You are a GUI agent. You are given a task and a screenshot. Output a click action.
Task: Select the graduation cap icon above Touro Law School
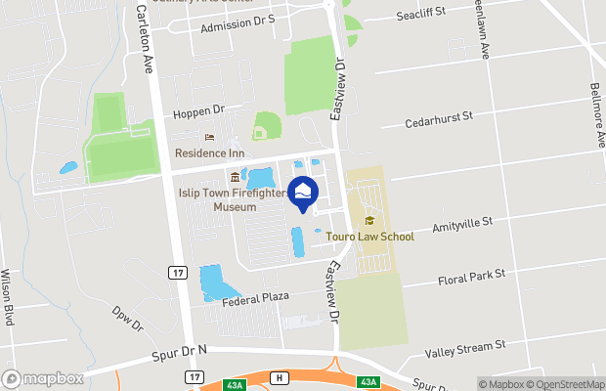coord(369,220)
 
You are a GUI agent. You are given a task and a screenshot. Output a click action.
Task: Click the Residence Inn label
coord(209,153)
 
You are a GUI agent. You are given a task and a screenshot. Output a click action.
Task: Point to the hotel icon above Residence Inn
coord(208,138)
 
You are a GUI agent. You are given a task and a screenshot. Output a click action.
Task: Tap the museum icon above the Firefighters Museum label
coord(234,177)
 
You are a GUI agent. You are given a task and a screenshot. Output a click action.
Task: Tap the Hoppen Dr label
coord(198,112)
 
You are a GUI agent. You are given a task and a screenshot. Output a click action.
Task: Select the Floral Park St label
coord(471,277)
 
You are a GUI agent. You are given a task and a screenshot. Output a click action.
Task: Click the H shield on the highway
coord(281,378)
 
